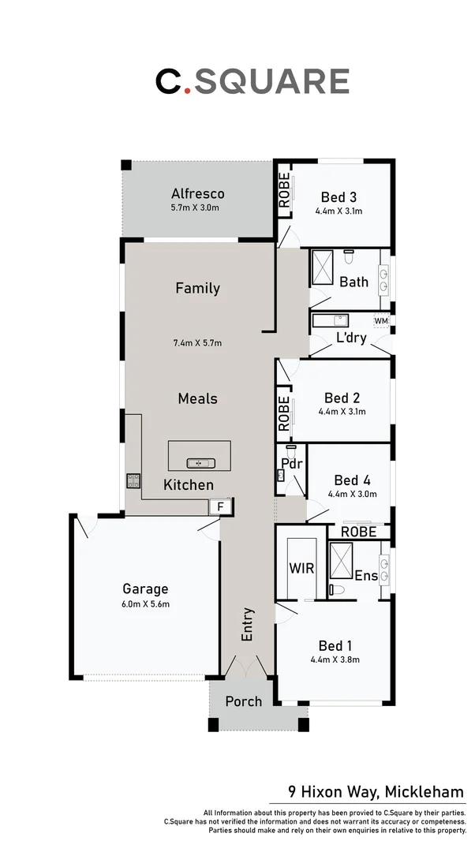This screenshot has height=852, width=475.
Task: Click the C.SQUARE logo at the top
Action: point(252,81)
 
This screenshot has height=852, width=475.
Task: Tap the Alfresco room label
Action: point(198,193)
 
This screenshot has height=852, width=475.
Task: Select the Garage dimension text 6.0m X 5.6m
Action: point(145,604)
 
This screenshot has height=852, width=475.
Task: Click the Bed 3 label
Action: point(338,197)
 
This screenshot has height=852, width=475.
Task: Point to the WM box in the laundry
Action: point(381,321)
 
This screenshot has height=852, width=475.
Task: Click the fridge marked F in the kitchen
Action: point(222,506)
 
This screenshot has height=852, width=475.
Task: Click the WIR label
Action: point(301,567)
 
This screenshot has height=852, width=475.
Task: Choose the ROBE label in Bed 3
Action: point(284,191)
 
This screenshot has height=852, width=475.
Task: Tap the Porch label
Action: point(243,701)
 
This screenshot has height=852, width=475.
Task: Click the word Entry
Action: point(248,623)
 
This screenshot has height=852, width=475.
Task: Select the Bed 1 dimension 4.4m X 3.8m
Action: point(335,660)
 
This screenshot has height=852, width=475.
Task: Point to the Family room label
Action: point(197,289)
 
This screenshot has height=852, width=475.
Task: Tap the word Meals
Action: point(197,399)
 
